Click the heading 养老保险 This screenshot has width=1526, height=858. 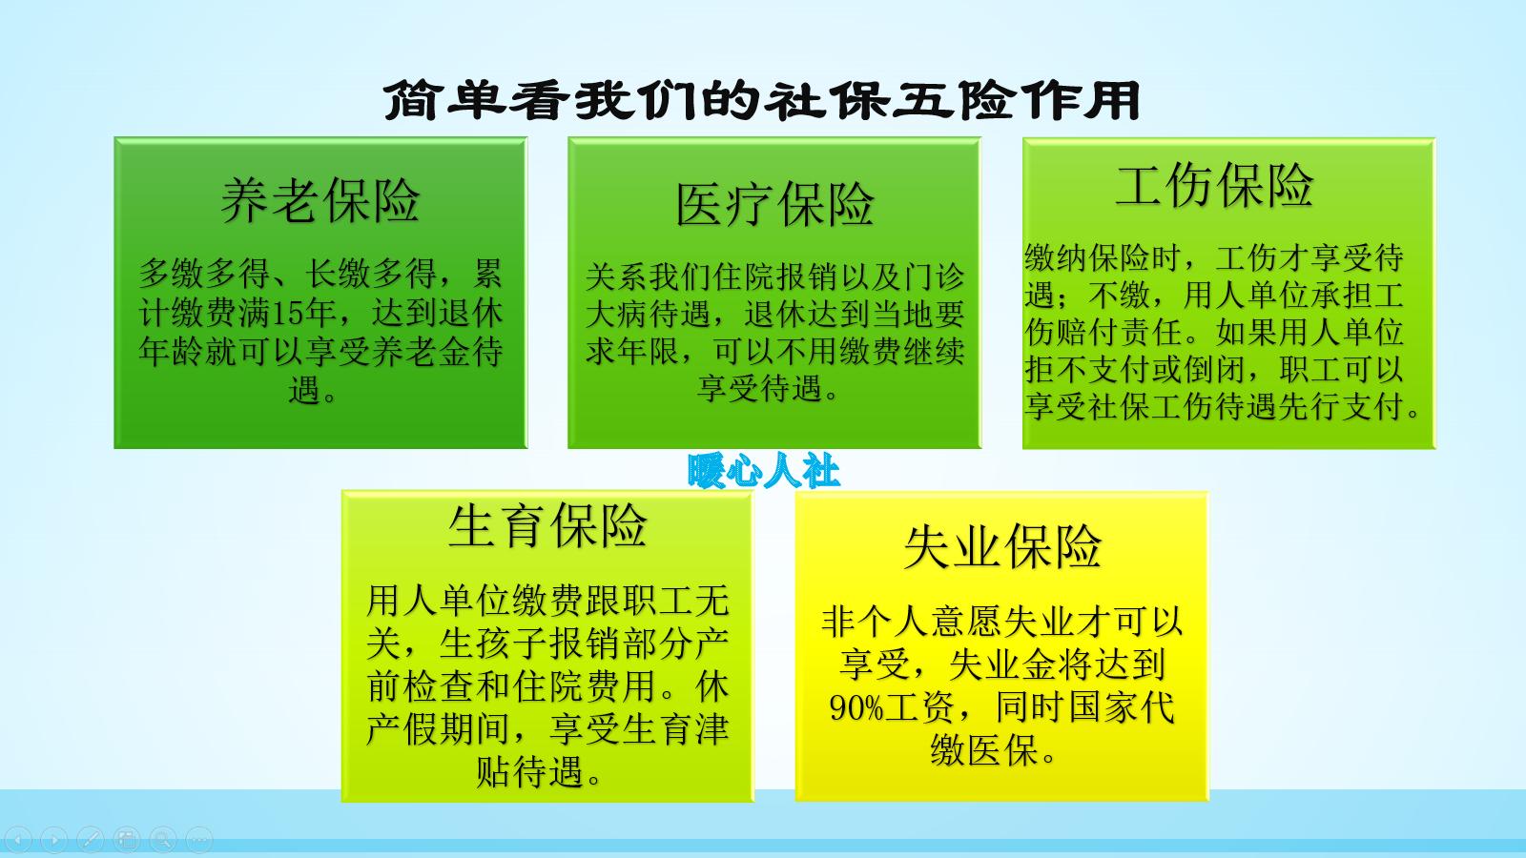(x=320, y=200)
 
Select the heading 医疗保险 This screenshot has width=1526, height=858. (x=774, y=204)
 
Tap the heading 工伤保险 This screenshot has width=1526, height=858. (x=1214, y=185)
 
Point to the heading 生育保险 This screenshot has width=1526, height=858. (x=547, y=525)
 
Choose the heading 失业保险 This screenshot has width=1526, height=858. (x=1002, y=546)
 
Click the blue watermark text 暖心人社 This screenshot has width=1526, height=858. (x=763, y=471)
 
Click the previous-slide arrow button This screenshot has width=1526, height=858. (x=19, y=840)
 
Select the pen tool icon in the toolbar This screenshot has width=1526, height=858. (x=91, y=840)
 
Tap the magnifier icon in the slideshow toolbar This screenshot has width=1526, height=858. (x=163, y=840)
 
